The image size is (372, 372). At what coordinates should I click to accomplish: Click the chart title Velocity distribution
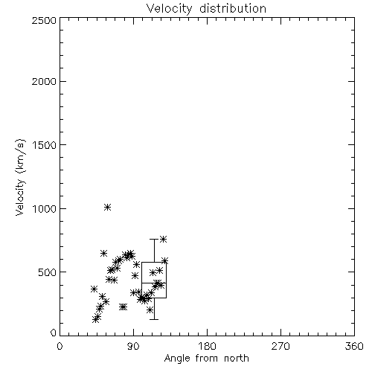[x=206, y=9]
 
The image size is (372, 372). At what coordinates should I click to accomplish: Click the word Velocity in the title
[x=169, y=9]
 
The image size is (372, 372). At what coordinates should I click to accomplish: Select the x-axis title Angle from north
[x=206, y=359]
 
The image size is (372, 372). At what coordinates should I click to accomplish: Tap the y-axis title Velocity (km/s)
[x=20, y=177]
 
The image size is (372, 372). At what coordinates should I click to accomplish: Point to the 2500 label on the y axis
[x=44, y=20]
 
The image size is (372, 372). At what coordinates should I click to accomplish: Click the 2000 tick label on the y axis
[x=44, y=81]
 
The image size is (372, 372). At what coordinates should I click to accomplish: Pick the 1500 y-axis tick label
[x=45, y=145]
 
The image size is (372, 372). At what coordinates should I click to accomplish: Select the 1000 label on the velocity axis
[x=45, y=208]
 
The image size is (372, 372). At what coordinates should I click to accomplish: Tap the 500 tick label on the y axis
[x=48, y=272]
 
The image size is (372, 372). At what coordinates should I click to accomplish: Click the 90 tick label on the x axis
[x=133, y=346]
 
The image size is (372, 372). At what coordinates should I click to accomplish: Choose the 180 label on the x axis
[x=207, y=346]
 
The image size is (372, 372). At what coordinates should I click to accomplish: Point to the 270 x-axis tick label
[x=280, y=346]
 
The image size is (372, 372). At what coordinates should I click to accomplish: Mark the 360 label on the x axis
[x=354, y=346]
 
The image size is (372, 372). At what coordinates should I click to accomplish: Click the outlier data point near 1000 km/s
[x=107, y=208]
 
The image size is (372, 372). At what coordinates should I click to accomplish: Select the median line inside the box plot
[x=154, y=283]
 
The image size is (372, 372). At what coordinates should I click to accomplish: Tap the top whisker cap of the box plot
[x=154, y=239]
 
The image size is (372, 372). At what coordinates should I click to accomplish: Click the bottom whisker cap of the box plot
[x=154, y=319]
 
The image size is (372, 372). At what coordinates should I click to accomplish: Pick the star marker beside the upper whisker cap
[x=163, y=240]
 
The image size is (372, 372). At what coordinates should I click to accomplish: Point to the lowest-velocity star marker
[x=96, y=320]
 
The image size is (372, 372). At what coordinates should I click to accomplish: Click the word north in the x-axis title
[x=237, y=359]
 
